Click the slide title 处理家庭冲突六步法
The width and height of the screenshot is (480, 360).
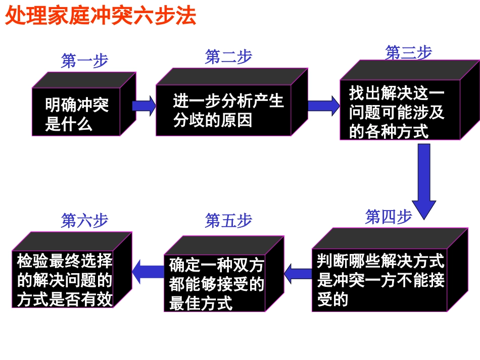[x=100, y=16]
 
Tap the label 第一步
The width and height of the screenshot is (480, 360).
[x=84, y=61]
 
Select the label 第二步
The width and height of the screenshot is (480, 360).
[x=228, y=57]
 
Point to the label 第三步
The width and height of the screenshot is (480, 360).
[x=408, y=53]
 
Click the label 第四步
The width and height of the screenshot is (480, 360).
[x=389, y=217]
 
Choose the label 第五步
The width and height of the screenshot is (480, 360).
[x=228, y=221]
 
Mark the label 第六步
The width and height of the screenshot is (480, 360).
[x=84, y=221]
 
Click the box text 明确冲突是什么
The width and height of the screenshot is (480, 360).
[x=76, y=114]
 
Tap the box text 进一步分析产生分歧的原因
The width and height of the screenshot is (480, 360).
[x=228, y=111]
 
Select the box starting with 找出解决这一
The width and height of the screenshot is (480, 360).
[x=397, y=112]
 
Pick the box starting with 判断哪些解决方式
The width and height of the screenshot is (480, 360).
[x=380, y=280]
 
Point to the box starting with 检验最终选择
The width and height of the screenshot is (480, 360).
[x=65, y=280]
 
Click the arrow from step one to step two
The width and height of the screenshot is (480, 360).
[x=145, y=106]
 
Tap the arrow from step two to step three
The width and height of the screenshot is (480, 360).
[x=323, y=106]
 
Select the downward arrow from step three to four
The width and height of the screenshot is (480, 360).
[x=424, y=180]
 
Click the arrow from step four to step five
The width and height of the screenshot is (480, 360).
[x=298, y=274]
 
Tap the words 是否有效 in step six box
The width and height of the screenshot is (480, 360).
[x=88, y=300]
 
